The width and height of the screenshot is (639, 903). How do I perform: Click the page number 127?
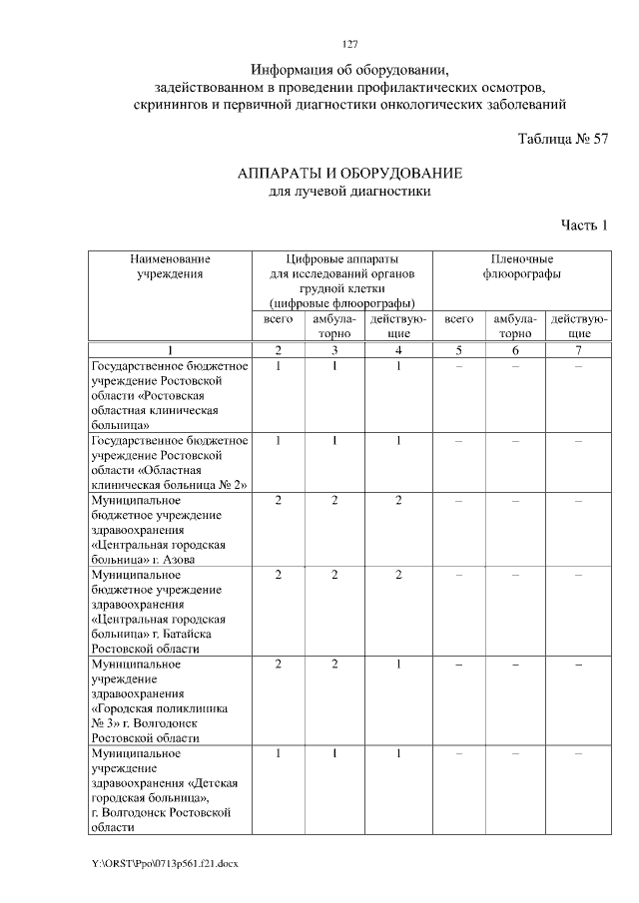coord(349,43)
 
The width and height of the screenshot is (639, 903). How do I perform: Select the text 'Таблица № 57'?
coord(563,140)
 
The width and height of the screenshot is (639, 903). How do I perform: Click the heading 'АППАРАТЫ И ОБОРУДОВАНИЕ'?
coord(349,174)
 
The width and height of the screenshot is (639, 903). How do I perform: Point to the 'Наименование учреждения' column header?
coord(169,265)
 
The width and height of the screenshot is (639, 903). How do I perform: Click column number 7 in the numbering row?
coord(579,349)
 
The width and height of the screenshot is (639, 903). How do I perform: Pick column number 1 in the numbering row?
coord(169,349)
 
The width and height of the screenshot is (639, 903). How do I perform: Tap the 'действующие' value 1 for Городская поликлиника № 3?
coord(398,664)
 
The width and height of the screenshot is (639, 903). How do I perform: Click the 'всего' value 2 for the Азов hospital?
coord(279,499)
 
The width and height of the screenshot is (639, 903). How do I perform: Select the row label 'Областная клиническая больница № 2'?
coord(169,462)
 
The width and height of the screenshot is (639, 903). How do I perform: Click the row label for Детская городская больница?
coord(169,790)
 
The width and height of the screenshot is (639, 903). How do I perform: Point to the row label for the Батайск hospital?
coord(169,612)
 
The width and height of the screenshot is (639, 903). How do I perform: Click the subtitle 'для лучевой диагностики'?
coord(349,192)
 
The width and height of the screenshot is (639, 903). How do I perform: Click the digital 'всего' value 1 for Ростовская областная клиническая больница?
coord(279,365)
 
